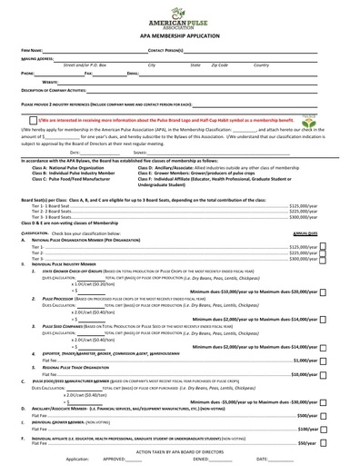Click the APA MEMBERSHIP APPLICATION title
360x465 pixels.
(178, 37)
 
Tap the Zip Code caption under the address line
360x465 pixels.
(219, 65)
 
